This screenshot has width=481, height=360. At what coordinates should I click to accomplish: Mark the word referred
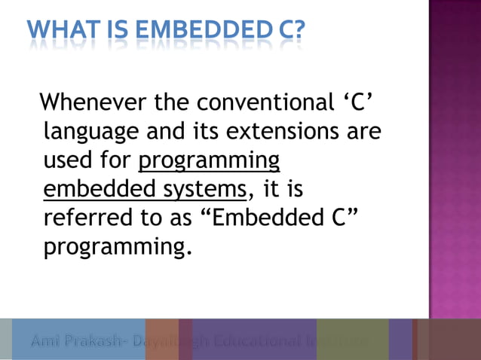pos(82,218)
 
